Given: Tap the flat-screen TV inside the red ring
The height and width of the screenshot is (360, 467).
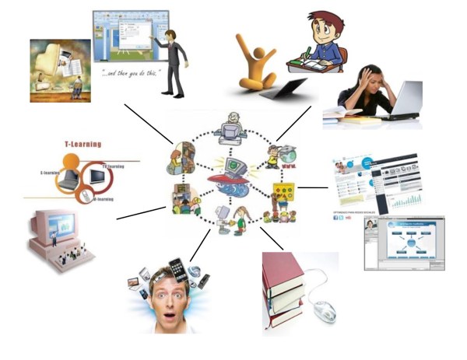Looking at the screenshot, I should pyautogui.click(x=99, y=177).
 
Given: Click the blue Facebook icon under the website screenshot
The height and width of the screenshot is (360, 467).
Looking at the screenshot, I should pyautogui.click(x=335, y=218).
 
